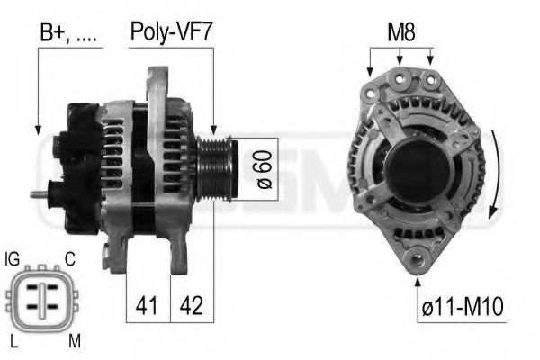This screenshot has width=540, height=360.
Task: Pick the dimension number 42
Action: [192, 305]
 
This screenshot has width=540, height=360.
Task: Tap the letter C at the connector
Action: [69, 259]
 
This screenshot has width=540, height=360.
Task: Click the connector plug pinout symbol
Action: [41, 301]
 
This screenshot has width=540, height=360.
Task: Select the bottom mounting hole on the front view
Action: [418, 261]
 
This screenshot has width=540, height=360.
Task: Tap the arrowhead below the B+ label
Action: [38, 130]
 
